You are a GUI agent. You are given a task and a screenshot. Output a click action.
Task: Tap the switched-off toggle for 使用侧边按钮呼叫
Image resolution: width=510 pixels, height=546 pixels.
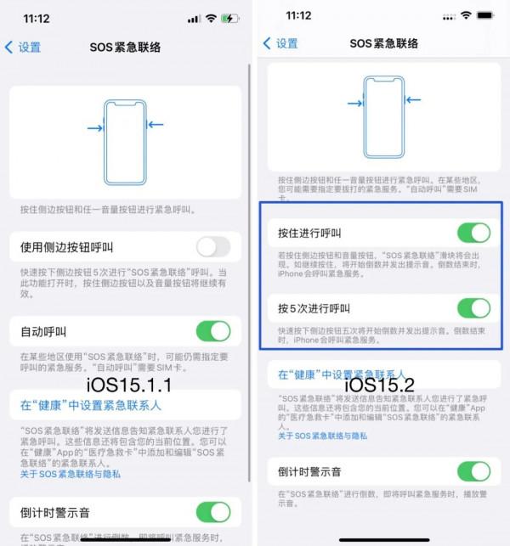coord(212,247)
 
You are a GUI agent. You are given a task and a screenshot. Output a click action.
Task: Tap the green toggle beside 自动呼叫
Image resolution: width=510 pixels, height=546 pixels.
coord(212,330)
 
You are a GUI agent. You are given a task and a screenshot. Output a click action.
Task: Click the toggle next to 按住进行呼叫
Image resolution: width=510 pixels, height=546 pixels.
coord(473,233)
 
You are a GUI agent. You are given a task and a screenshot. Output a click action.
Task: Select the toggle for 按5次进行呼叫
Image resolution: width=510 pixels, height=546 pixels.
coord(473,307)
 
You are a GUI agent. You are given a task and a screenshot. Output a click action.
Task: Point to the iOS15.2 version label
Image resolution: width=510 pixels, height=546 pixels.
coord(379,386)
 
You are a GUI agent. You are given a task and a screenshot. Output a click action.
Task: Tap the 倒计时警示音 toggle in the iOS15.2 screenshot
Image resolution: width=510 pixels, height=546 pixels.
coord(473,471)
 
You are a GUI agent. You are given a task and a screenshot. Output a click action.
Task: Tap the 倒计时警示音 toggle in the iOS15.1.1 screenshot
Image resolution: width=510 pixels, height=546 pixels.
coord(212,512)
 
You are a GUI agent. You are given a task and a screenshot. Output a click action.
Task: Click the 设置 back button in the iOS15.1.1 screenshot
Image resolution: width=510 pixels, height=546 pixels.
coord(23,47)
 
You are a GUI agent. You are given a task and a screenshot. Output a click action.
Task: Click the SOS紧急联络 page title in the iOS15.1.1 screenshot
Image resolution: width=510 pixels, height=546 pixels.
coord(125,47)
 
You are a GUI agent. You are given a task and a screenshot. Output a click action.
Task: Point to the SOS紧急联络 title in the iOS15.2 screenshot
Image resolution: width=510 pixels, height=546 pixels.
coord(385,43)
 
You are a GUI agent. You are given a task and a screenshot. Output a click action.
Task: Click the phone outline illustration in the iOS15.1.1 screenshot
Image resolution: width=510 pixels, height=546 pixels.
coord(125,142)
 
